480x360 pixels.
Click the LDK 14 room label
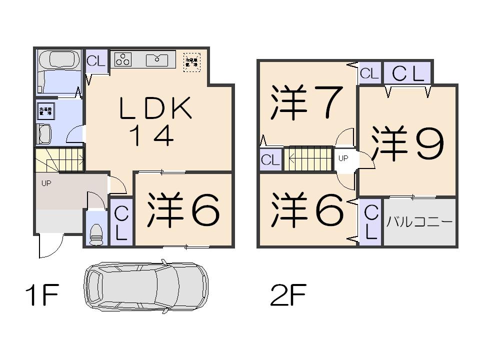pyautogui.click(x=155, y=121)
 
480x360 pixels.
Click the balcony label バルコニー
pyautogui.click(x=420, y=222)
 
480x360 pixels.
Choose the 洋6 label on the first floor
pyautogui.click(x=183, y=210)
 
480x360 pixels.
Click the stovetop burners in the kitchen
pyautogui.click(x=123, y=59)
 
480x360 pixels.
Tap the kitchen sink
pyautogui.click(x=157, y=60)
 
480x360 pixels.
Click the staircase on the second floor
pyautogui.click(x=308, y=159)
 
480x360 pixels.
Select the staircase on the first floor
pyautogui.click(x=59, y=160)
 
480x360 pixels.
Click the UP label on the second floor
pyautogui.click(x=343, y=158)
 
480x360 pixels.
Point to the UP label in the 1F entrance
pyautogui.click(x=46, y=183)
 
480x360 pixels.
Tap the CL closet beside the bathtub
pyautogui.click(x=96, y=62)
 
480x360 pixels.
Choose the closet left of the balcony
pyautogui.click(x=370, y=222)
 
